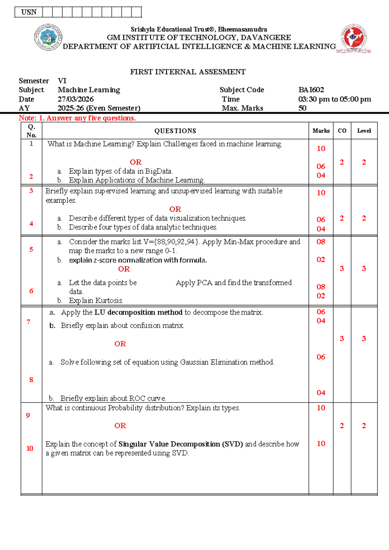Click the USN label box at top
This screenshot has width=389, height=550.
[x=29, y=12]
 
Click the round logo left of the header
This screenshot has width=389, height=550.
[x=48, y=37]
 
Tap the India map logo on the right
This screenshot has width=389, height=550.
[x=354, y=38]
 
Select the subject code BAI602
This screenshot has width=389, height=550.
[x=311, y=90]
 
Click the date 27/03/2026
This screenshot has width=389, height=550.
[x=76, y=99]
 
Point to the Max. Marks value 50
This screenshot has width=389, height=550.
[x=302, y=108]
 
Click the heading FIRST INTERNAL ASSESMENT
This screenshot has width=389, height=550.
[x=188, y=72]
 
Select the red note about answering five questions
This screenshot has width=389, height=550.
[x=77, y=118]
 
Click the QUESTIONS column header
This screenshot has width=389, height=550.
[x=175, y=131]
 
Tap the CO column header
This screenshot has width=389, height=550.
[x=342, y=131]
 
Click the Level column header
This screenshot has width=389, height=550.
[x=364, y=131]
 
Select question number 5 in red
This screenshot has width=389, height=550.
[x=31, y=250]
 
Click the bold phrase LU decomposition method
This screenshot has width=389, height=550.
[x=138, y=313]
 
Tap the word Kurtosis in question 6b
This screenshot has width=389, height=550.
[x=112, y=301]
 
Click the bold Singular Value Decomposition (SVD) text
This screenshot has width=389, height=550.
[x=181, y=444]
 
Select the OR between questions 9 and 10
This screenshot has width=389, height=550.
[x=120, y=426]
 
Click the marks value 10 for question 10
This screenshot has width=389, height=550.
[x=321, y=444]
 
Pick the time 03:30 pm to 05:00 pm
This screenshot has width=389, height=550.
[x=335, y=99]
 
